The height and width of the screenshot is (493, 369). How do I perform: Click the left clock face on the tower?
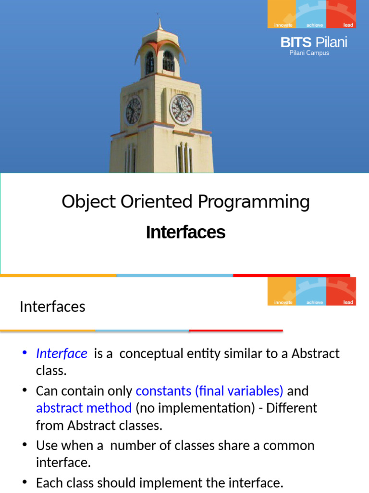[x=133, y=111]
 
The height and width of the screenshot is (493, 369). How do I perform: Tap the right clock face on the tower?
[x=182, y=109]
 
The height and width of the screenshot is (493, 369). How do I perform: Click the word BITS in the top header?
[x=296, y=42]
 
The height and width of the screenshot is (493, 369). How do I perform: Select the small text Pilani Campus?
[x=309, y=53]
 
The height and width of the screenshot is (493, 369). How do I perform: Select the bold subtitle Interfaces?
[x=185, y=232]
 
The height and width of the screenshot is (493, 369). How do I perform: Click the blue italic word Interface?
[x=61, y=353]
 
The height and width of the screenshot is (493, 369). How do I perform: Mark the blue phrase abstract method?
[x=84, y=408]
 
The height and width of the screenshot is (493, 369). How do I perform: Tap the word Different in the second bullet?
[x=292, y=408]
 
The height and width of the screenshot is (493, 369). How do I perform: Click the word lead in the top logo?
[x=348, y=25]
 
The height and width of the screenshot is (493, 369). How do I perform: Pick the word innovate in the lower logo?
[x=283, y=302]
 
